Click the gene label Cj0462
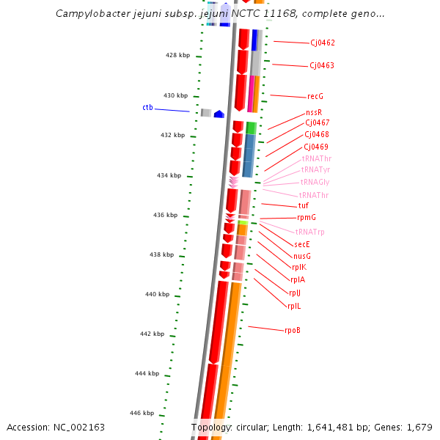[322, 43]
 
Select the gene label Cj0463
[321, 66]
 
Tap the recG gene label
[315, 97]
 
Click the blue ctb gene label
[147, 108]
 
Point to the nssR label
[314, 113]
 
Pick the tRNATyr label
[316, 170]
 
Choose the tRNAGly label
[315, 183]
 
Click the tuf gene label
[304, 206]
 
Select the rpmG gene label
[307, 218]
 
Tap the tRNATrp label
[309, 232]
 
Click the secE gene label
[302, 244]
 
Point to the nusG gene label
[302, 256]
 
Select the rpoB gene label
[293, 330]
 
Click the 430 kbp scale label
[175, 96]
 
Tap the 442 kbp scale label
[152, 334]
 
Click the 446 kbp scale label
[142, 414]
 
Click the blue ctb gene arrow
[219, 114]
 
